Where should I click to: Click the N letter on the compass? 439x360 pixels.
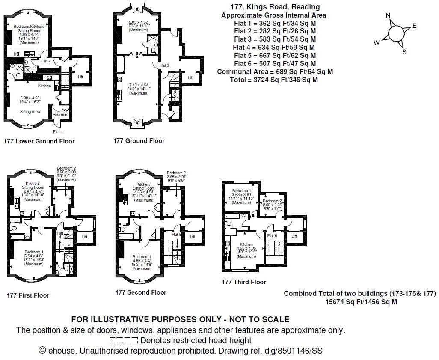point(388,16)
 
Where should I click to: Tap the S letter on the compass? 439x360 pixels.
point(404,52)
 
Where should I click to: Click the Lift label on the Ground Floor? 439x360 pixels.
point(191,78)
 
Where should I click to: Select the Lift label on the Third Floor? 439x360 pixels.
point(294,236)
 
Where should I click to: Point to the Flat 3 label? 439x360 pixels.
point(164,65)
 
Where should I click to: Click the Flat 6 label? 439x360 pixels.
point(272,236)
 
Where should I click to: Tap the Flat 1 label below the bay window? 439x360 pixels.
point(58,131)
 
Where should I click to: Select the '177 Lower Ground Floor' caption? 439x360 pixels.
point(39,141)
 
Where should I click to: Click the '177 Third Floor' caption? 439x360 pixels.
point(244,282)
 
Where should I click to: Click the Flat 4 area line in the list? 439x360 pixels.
point(274,47)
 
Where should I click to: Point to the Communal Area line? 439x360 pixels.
point(275,71)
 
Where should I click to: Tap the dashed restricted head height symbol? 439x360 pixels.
point(124,341)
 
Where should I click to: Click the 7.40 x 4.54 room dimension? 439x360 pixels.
point(139,85)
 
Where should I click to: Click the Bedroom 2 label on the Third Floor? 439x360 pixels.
point(272,201)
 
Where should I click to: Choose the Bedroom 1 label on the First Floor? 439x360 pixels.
point(33,252)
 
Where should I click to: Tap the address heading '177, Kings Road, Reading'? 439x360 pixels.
point(274,7)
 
